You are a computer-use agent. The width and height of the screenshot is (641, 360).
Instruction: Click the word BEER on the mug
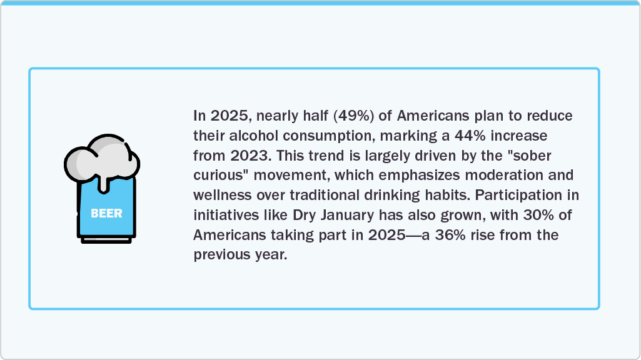click(x=106, y=213)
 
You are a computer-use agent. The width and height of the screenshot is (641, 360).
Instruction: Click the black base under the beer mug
click(x=106, y=240)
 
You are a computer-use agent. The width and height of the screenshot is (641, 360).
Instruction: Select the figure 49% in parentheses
click(x=353, y=116)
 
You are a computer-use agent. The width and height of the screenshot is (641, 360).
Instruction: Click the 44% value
click(x=470, y=135)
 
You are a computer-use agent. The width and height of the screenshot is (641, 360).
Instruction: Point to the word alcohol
click(x=253, y=135)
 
